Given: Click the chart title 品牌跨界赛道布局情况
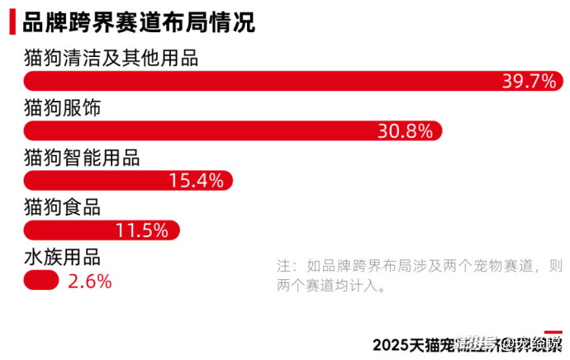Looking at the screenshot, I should [138, 22].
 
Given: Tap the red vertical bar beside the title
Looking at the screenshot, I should [12, 22].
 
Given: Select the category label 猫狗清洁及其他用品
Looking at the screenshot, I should [111, 59].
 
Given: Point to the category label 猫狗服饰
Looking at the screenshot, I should [63, 108].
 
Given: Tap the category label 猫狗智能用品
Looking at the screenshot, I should [82, 158].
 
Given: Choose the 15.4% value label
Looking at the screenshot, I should [196, 180].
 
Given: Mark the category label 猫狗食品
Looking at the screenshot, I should [63, 207].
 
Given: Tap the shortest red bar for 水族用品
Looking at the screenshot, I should [41, 280].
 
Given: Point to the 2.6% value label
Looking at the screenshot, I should [89, 281].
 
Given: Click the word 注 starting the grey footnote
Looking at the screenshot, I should [284, 266].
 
